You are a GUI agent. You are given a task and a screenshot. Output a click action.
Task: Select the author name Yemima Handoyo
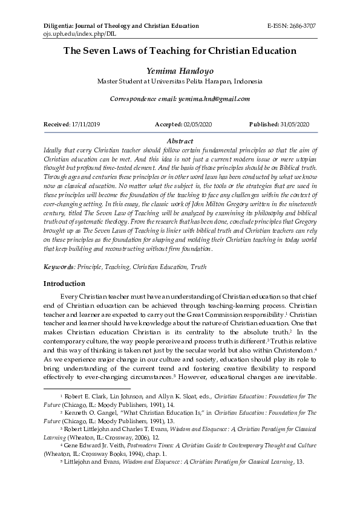click(180, 71)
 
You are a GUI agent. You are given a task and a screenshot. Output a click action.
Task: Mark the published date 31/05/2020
click(294, 124)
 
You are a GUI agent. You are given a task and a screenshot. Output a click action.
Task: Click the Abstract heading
click(180, 140)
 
